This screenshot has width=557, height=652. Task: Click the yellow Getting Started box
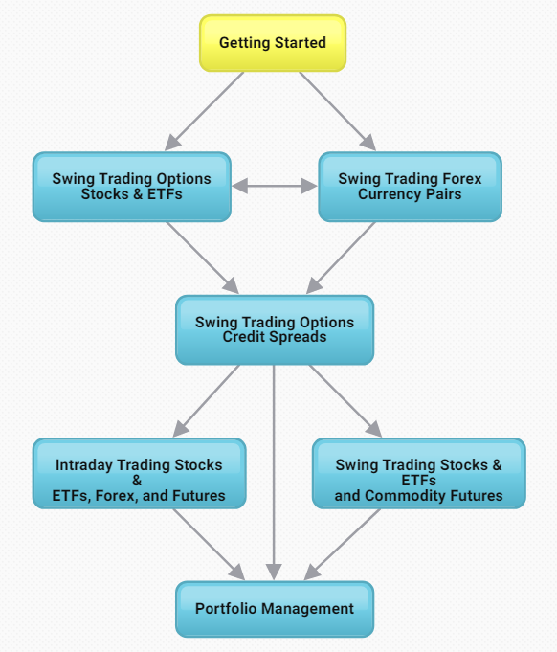[x=273, y=43]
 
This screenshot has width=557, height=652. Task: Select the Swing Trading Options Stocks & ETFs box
[x=132, y=187]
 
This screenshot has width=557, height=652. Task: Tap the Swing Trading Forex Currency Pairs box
[x=410, y=187]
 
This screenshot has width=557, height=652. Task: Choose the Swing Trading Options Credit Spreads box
[x=275, y=330]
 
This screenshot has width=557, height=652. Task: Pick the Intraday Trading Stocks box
[x=140, y=473]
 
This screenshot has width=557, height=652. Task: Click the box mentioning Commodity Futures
[x=419, y=473]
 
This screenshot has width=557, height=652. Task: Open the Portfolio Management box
[x=275, y=609]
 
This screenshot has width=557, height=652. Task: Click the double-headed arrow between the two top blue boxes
[x=275, y=186]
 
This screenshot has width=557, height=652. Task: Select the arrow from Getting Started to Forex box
[x=337, y=111]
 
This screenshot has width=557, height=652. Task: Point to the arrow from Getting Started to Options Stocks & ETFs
[x=204, y=111]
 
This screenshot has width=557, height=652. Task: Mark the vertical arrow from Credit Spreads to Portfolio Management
[x=274, y=472]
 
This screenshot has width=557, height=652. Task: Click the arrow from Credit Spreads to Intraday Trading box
[x=206, y=401]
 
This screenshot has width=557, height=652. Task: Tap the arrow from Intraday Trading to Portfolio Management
[x=209, y=545]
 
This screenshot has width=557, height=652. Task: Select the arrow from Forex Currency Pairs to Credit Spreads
[x=341, y=258]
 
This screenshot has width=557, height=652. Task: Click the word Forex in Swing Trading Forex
[x=462, y=179]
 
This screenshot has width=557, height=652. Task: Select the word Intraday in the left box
[x=84, y=465]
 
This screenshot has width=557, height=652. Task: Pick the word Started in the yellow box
[x=301, y=43]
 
